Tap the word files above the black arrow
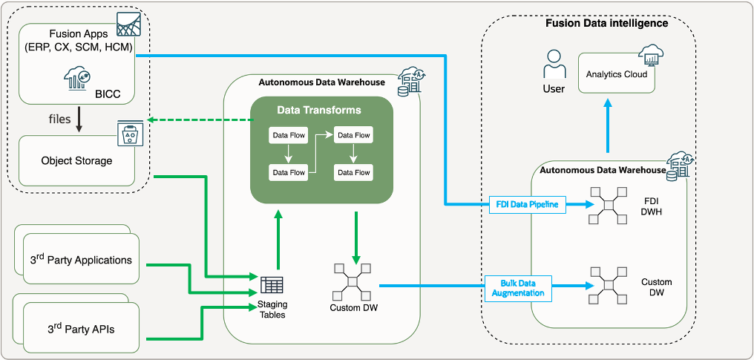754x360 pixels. pyautogui.click(x=60, y=119)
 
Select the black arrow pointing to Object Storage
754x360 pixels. pyautogui.click(x=79, y=124)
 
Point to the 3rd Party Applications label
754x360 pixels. pyautogui.click(x=76, y=260)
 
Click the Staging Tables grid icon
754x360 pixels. pyautogui.click(x=272, y=285)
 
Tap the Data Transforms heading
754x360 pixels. pyautogui.click(x=319, y=110)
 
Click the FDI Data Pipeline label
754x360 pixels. pyautogui.click(x=528, y=203)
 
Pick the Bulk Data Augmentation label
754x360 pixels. pyautogui.click(x=519, y=288)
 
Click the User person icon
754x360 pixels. pyautogui.click(x=554, y=65)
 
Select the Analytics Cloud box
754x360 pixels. pyautogui.click(x=616, y=74)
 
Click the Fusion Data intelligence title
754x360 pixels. pyautogui.click(x=606, y=23)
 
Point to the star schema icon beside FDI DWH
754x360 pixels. pyautogui.click(x=608, y=201)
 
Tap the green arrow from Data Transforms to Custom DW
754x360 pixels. pyautogui.click(x=356, y=237)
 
